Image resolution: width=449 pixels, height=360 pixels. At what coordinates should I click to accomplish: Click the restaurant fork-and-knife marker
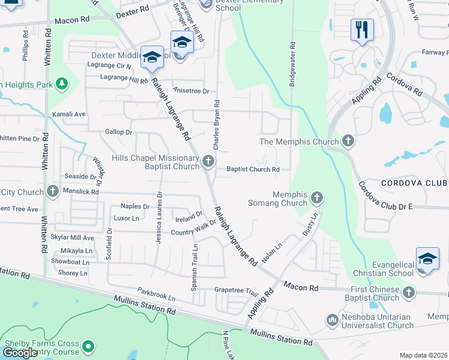pos(362,29)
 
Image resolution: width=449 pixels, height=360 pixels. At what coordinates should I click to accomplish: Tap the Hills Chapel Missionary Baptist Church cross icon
pos(208,160)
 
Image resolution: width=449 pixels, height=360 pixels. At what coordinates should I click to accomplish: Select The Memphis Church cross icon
pos(348,142)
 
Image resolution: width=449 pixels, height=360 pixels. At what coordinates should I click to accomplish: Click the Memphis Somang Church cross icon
pos(317,197)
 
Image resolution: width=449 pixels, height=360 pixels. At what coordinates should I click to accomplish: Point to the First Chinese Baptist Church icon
pos(409,292)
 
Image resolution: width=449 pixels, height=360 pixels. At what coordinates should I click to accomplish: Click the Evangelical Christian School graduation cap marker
pos(427,259)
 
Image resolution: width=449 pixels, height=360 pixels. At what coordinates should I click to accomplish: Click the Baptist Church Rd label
pos(253,170)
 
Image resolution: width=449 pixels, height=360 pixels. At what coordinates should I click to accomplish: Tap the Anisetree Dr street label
pos(190,91)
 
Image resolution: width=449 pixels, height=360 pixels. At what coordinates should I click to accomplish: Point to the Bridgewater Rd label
pos(292,64)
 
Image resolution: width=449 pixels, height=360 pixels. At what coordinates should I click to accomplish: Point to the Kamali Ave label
pos(69,114)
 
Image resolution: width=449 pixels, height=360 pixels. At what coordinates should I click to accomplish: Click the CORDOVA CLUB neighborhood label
pos(415,182)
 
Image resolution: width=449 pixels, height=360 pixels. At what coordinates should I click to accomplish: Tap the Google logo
pos(20,352)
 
